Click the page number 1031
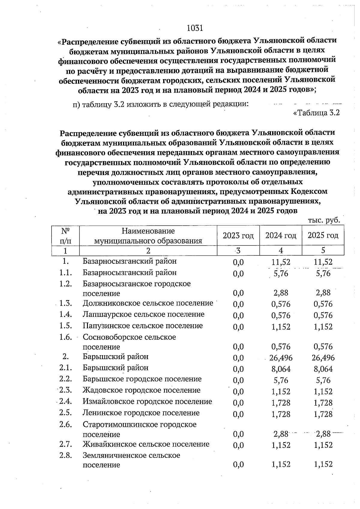click(x=195, y=28)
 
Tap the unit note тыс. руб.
click(x=324, y=220)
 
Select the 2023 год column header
click(x=238, y=236)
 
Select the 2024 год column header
click(x=280, y=236)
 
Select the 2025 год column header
click(x=323, y=236)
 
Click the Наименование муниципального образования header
click(x=148, y=236)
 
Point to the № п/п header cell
click(x=65, y=236)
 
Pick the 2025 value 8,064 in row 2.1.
click(x=323, y=369)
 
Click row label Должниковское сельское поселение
click(x=148, y=303)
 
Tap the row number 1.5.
click(x=65, y=326)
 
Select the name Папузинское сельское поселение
click(x=143, y=326)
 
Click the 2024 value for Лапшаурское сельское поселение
click(x=281, y=315)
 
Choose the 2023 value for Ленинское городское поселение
click(x=238, y=414)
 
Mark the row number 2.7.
click(x=65, y=444)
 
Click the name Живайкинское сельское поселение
click(x=146, y=444)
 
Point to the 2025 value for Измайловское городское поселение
click(x=323, y=403)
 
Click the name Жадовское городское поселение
click(x=142, y=390)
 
